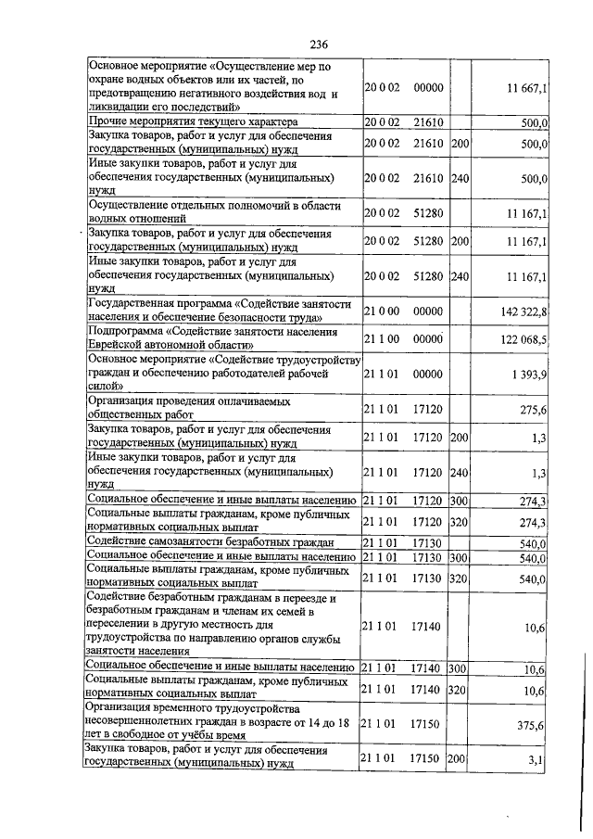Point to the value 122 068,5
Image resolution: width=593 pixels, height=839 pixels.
tap(527, 340)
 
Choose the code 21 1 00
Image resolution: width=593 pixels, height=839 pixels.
tap(381, 340)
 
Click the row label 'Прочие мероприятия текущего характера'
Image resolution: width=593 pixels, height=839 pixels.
tap(192, 121)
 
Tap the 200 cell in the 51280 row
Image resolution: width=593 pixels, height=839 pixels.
tap(460, 241)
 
